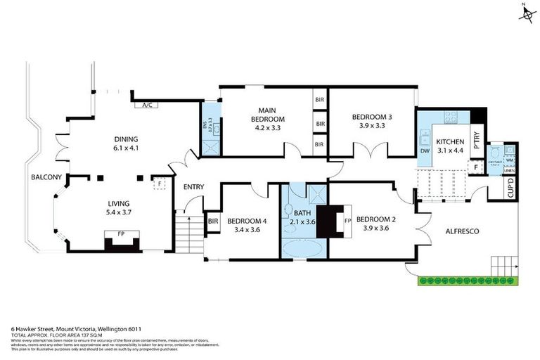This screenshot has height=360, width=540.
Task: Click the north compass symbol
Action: [525, 13]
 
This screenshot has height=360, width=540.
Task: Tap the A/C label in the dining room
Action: [148, 105]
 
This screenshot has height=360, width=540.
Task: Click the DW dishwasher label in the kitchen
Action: [424, 150]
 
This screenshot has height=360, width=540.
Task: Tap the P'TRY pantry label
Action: [476, 141]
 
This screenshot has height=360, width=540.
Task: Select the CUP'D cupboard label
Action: [511, 188]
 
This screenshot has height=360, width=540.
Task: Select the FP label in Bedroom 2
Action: [347, 219]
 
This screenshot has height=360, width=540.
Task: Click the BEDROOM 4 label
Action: [243, 224]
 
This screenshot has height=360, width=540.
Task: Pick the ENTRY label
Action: [193, 187]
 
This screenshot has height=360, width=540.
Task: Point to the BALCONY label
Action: [46, 177]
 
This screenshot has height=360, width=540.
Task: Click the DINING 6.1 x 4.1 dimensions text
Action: [127, 148]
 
